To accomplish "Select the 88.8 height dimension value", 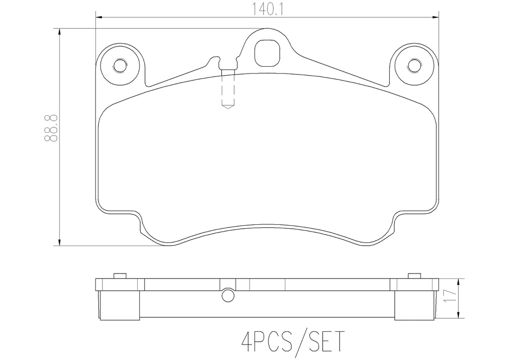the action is coord(51,128).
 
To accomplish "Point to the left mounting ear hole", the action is coord(120,66).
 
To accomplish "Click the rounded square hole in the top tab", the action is coord(266,53).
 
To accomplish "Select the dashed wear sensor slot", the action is coord(228,90).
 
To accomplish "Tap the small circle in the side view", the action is coord(228,295).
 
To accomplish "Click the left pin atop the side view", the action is coord(120,276).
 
